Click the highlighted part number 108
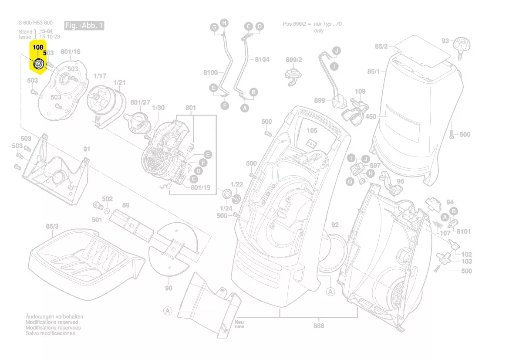(38, 47)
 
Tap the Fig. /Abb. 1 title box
(84, 26)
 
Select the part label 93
(445, 41)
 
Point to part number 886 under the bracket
(319, 326)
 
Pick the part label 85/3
(52, 227)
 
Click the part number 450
(371, 117)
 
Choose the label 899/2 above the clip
(294, 60)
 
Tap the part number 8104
(262, 59)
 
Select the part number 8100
(210, 72)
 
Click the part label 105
(312, 131)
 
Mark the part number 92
(334, 225)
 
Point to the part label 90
(169, 288)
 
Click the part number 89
(125, 205)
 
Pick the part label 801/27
(140, 102)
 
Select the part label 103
(466, 262)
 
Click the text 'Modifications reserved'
(52, 322)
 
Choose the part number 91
(87, 149)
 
